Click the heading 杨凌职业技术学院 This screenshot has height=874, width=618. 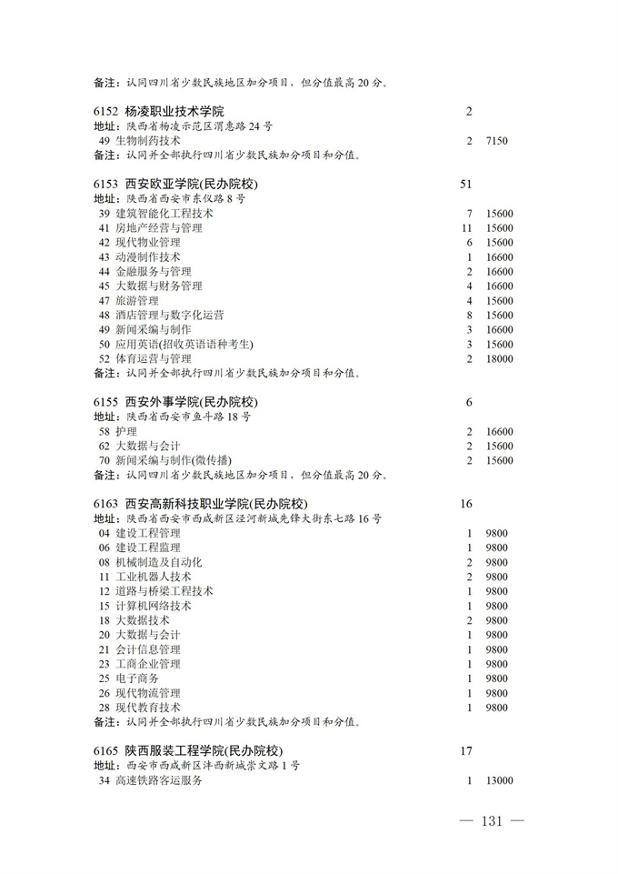(x=174, y=112)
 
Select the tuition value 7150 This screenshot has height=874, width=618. (x=497, y=141)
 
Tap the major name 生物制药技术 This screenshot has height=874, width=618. (x=147, y=141)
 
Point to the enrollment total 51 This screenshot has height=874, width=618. (x=467, y=185)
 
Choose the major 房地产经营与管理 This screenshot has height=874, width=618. (x=158, y=228)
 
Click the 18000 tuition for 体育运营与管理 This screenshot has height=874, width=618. (x=500, y=359)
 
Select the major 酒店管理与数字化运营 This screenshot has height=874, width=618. (x=169, y=316)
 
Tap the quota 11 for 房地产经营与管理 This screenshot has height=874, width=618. (x=468, y=228)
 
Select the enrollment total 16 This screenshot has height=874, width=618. (x=467, y=504)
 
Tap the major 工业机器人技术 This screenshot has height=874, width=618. (x=153, y=577)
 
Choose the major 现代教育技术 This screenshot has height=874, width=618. (x=147, y=708)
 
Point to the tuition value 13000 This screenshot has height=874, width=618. (x=500, y=780)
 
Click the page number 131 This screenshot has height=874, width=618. (x=492, y=821)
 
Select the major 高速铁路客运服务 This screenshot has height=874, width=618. (x=158, y=780)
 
